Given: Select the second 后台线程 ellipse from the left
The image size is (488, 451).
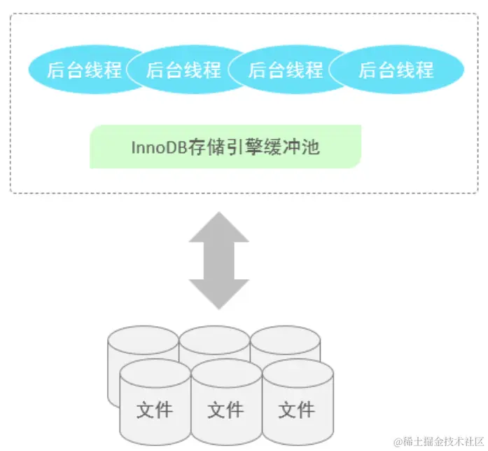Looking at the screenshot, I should coord(183,69).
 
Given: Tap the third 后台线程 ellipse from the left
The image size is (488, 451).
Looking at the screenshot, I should coord(286,69).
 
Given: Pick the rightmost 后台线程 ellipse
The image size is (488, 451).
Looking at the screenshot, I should coord(396,69).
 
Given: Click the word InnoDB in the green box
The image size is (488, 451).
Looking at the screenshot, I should coord(159,147).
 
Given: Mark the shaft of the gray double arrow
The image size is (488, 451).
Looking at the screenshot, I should coord(219,260).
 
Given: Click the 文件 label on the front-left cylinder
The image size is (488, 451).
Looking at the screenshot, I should coord(155,409).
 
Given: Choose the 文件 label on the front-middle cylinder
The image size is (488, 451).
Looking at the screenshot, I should coord(225,409).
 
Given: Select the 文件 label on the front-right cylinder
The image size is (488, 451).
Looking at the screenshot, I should coord(296,409).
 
